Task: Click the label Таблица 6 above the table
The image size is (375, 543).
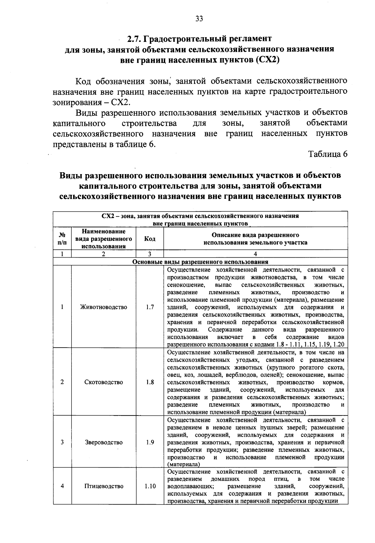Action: point(328,154)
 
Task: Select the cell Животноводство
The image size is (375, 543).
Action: point(103,307)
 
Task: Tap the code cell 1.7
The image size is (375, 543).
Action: point(150,307)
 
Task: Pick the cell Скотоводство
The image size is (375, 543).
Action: point(103,382)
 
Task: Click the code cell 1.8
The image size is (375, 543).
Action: point(150,382)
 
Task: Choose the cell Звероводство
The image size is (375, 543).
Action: point(103,442)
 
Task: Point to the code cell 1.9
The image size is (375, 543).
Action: point(150,442)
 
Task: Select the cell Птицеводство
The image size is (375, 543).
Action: point(103,486)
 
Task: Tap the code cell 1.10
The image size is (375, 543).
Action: point(150,486)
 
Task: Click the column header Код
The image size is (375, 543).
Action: point(150,239)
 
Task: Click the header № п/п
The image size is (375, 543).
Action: point(62,239)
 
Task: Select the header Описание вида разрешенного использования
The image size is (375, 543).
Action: point(255,239)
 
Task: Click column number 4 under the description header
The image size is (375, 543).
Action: point(255,254)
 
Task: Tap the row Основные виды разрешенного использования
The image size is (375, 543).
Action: point(200,262)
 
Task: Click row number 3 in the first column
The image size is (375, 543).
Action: point(62,442)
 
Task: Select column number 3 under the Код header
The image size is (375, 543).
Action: point(150,254)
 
